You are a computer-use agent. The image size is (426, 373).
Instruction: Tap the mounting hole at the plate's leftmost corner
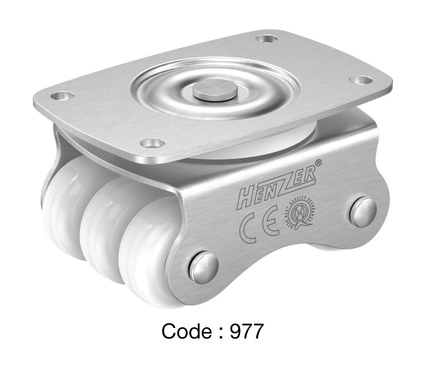pyautogui.click(x=66, y=96)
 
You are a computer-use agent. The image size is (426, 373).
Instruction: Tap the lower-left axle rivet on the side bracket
pyautogui.click(x=204, y=267)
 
